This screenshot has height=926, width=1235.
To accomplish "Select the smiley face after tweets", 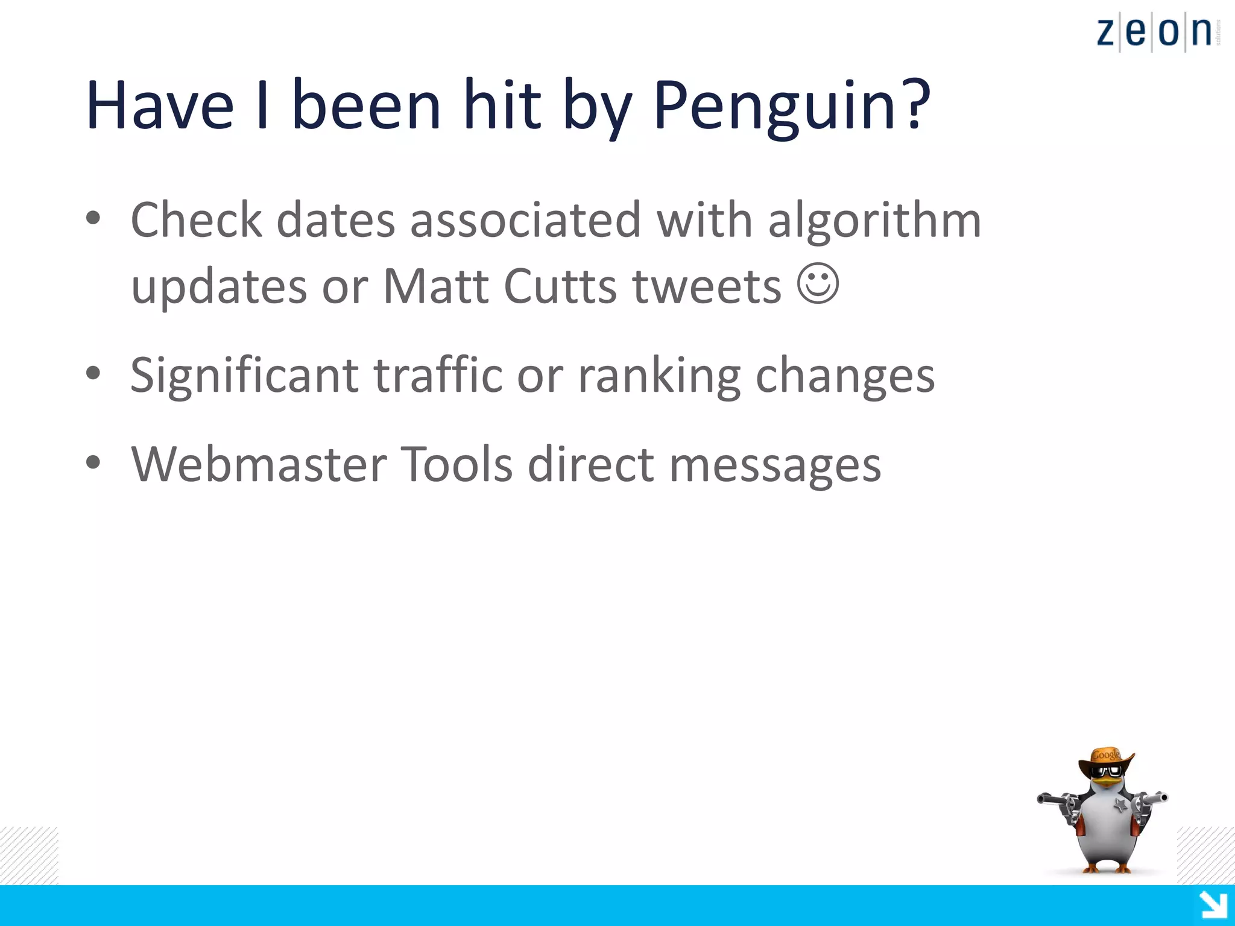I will click(818, 283).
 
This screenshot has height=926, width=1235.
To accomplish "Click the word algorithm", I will click(874, 221).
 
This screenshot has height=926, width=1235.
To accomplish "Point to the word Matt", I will click(435, 286).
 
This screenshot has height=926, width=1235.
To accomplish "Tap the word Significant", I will click(245, 376).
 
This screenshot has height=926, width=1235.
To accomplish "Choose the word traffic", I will click(438, 374).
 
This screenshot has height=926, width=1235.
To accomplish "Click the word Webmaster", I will click(259, 464).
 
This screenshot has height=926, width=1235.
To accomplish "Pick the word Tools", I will click(456, 464).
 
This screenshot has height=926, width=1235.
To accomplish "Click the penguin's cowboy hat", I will click(1106, 758).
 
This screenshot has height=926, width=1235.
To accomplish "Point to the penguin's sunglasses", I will click(1108, 772).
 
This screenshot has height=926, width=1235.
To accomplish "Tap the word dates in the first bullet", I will click(335, 221).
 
